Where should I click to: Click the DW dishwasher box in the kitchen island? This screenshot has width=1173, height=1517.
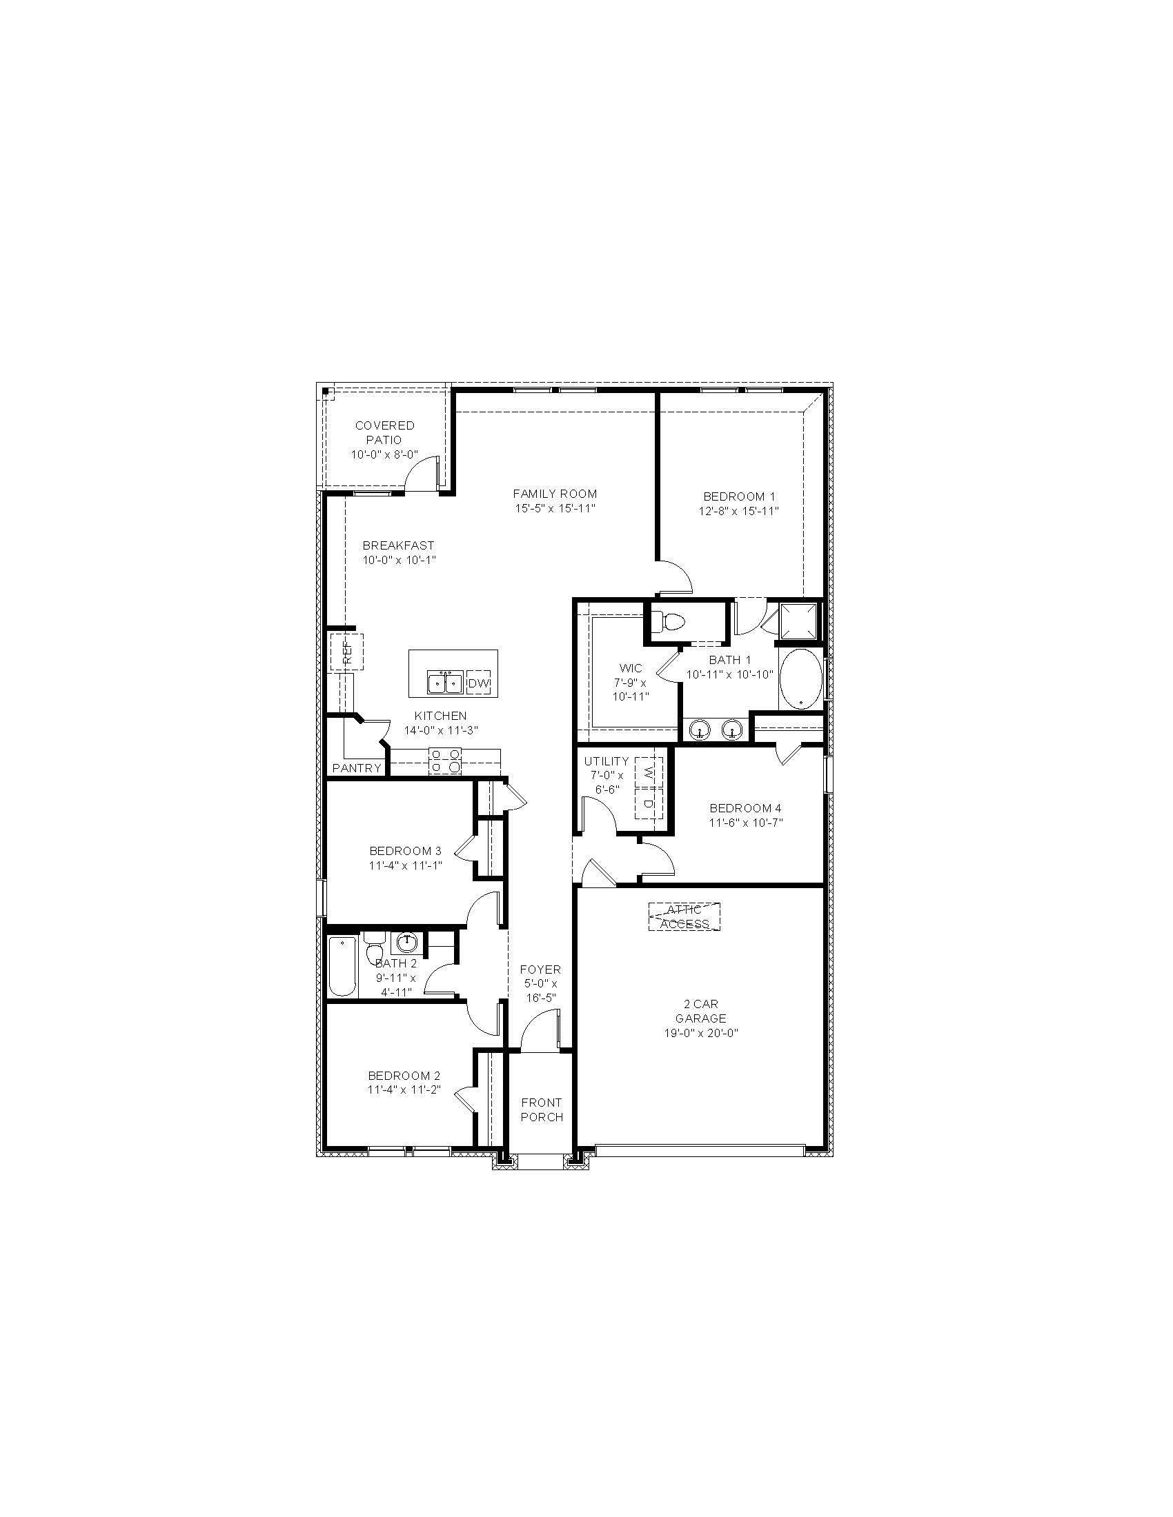point(478,683)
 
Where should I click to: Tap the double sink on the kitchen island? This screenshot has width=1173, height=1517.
point(445,683)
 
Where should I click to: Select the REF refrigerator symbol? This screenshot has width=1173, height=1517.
point(346,652)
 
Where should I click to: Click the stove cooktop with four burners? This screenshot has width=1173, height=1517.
point(445,761)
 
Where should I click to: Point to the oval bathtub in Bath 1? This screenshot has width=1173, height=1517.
point(800,679)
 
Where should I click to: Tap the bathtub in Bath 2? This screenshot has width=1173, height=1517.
point(341,966)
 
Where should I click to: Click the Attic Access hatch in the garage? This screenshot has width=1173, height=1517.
point(684,916)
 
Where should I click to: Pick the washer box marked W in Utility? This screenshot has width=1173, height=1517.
point(649,772)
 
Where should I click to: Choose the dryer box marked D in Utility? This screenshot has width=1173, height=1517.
point(649,803)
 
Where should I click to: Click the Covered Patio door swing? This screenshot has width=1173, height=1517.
point(422,475)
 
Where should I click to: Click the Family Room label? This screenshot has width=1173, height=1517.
point(555,494)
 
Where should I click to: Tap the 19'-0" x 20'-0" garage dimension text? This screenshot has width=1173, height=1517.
point(700,1033)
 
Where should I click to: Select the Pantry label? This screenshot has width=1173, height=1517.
point(357,767)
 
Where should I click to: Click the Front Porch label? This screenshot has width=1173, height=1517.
point(542,1109)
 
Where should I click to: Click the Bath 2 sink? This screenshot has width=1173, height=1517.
point(406,942)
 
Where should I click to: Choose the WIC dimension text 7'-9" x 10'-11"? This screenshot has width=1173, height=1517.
point(630,690)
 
